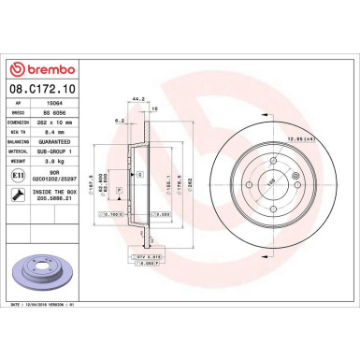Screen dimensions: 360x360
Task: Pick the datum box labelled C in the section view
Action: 139,175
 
